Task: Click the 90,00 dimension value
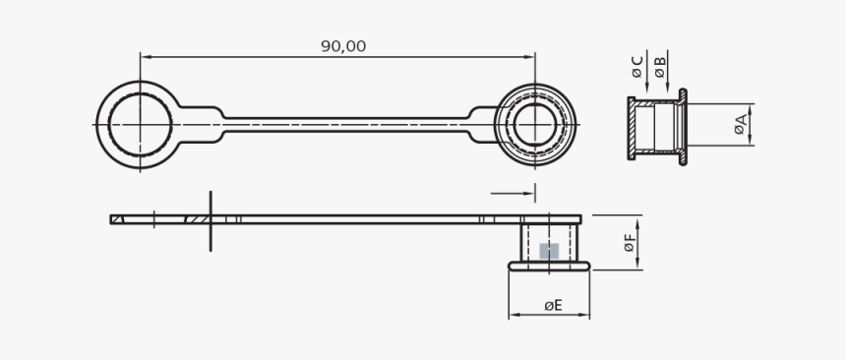343,46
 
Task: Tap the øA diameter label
742,125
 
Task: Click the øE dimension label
553,306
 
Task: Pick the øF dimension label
630,242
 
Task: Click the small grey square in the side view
549,251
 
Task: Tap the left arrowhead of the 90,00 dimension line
147,57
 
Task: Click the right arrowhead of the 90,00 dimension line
529,57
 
